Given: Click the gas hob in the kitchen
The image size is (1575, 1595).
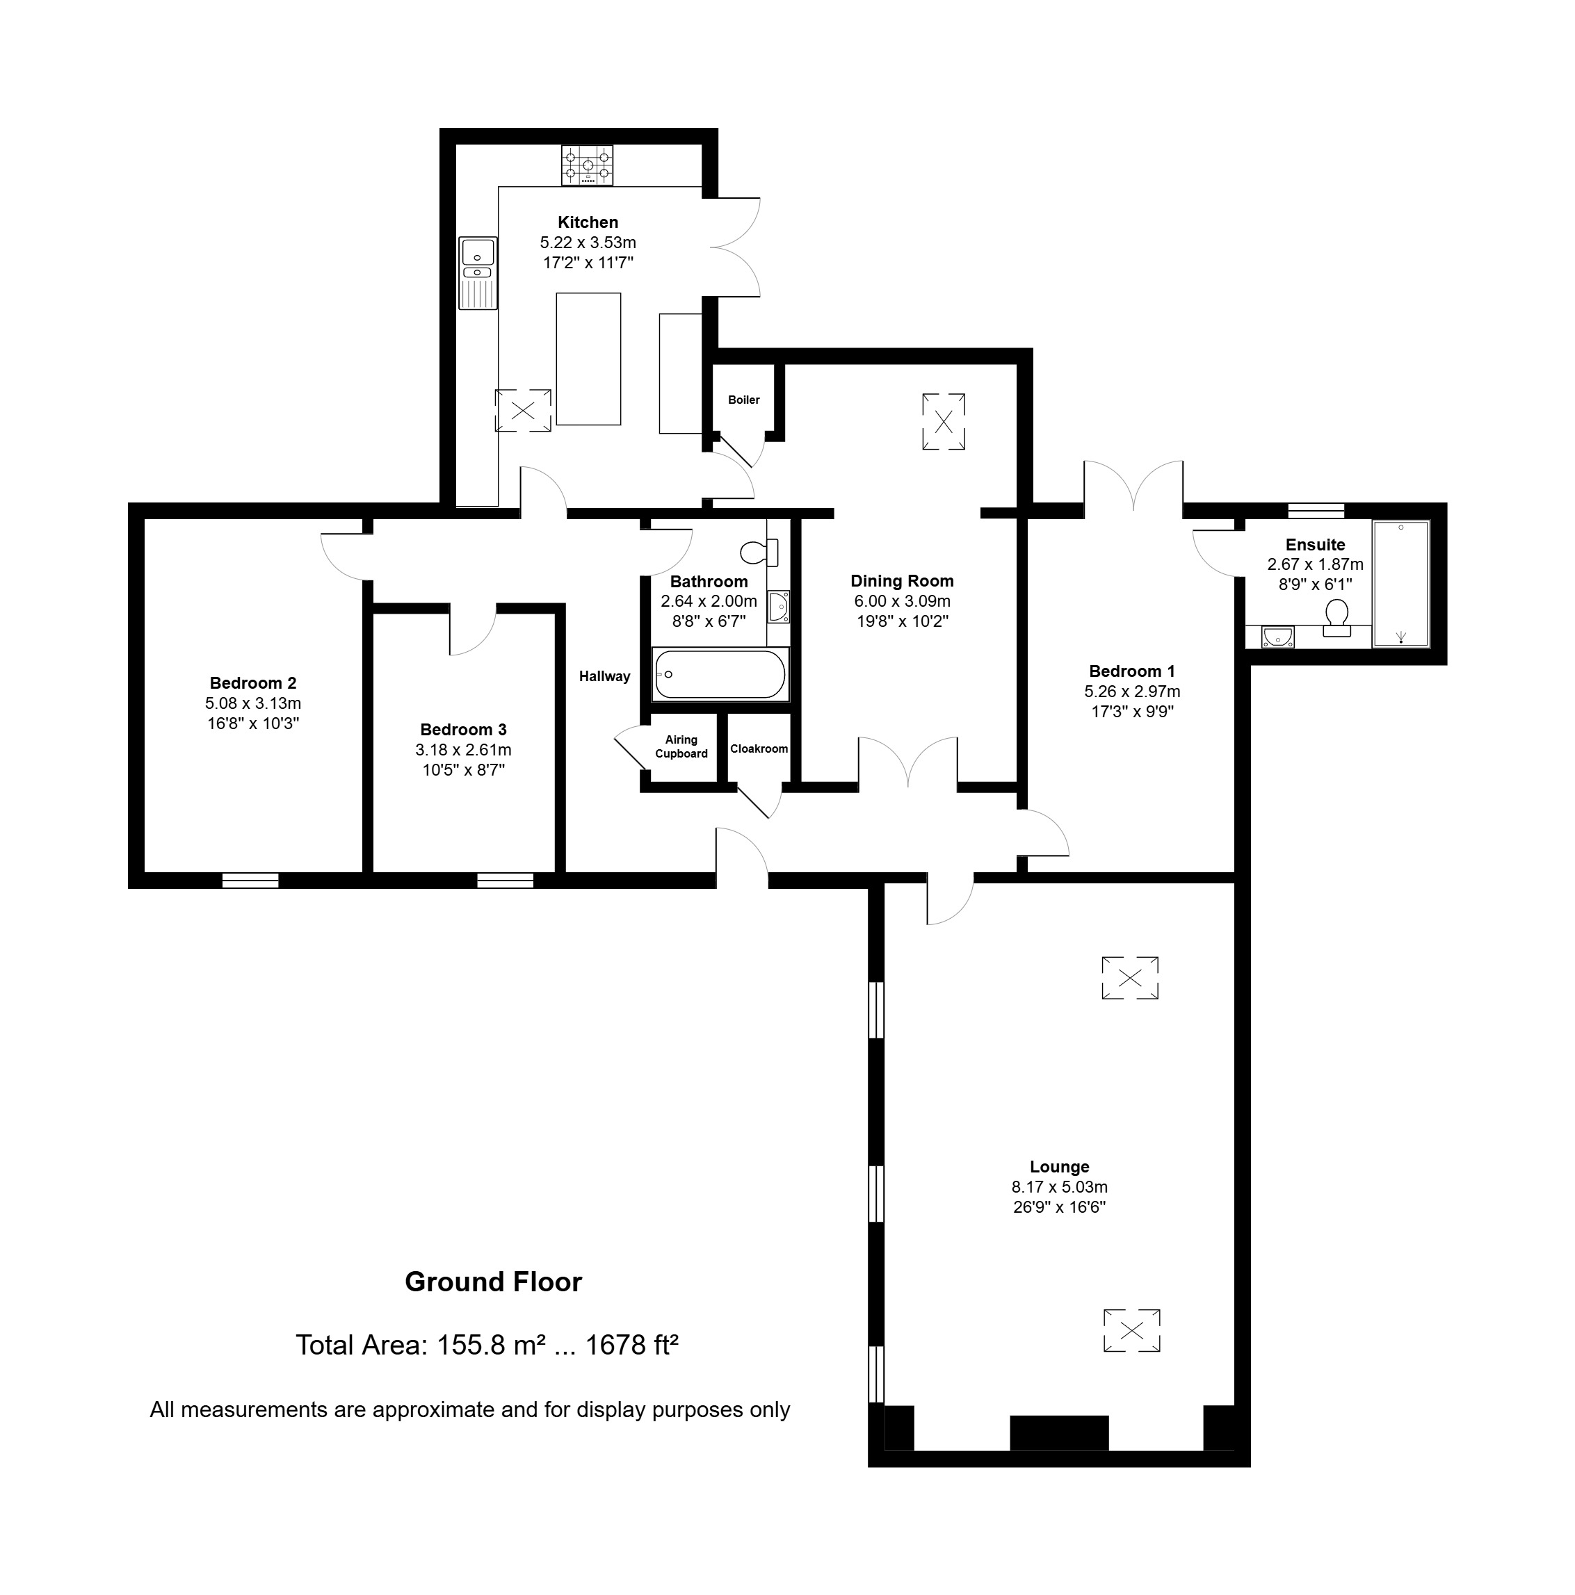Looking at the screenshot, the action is (587, 165).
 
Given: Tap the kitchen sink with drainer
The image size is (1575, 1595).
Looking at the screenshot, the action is (478, 272).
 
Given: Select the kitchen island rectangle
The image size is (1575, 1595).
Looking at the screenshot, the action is (588, 359).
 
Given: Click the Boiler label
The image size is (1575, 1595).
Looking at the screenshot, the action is (743, 400).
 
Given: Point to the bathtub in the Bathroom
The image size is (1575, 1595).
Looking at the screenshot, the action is (720, 673).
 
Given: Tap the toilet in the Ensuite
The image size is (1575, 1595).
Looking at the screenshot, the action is (1336, 616).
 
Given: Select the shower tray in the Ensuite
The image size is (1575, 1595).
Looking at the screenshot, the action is (1400, 583).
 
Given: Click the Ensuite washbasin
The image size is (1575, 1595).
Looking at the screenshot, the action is (1277, 637).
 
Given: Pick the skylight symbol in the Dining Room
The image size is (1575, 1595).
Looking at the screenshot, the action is (943, 422).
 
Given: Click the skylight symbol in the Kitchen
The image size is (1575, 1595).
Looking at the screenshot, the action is (523, 410).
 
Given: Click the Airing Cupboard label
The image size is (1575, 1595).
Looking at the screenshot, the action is (681, 746).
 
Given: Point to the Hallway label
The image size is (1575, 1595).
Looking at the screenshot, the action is (604, 676).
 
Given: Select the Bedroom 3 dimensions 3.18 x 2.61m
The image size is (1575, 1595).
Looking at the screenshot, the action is (463, 750).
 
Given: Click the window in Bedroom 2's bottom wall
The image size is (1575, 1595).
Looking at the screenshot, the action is (250, 880).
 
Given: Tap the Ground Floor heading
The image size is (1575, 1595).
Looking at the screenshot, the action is (493, 1282).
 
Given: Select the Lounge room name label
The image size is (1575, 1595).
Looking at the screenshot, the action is (1059, 1166).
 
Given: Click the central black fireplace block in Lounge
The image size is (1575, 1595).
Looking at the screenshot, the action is (1059, 1432).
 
